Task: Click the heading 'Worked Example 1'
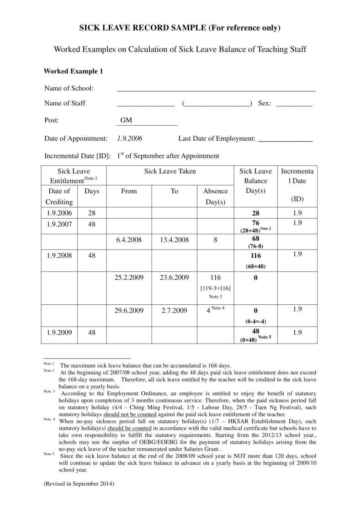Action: click(x=73, y=71)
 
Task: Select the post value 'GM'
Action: click(x=126, y=121)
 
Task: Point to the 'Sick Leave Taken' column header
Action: click(x=170, y=171)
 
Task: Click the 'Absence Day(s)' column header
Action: click(x=215, y=196)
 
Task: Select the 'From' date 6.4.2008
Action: click(x=129, y=239)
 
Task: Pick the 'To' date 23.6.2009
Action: click(x=175, y=277)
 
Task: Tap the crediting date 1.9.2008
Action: click(x=59, y=255)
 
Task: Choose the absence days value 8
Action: click(x=215, y=239)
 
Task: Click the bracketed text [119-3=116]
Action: click(x=215, y=288)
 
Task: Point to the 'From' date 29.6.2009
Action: click(x=129, y=311)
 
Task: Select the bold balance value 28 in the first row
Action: click(x=255, y=213)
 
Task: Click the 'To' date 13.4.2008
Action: click(x=175, y=239)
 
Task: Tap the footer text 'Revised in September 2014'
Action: click(x=79, y=483)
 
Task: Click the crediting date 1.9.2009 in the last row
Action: click(x=59, y=333)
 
